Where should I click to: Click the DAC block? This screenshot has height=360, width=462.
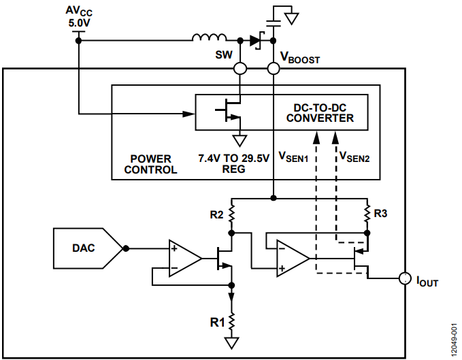pos(88,248)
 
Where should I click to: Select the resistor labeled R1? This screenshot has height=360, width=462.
pos(231,322)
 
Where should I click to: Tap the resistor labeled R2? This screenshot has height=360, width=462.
pos(231,214)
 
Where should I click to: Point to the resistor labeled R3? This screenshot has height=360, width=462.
pos(367,214)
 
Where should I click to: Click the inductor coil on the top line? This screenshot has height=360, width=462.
pos(210,37)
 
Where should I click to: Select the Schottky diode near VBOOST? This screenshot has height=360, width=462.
pos(257,40)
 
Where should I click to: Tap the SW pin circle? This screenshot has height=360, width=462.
pos(240,69)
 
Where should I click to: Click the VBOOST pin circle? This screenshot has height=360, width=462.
pos(273,69)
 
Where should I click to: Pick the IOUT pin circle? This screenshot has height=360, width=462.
pos(405,278)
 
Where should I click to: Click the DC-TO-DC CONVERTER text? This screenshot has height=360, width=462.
pos(320,113)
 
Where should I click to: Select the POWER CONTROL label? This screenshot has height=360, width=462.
pos(150,164)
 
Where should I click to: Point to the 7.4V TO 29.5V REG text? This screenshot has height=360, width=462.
pos(233,163)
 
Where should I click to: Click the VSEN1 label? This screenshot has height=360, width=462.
pos(293,157)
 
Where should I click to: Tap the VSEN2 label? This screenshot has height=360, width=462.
pos(354,157)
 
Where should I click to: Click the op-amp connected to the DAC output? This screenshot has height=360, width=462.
pos(185,259)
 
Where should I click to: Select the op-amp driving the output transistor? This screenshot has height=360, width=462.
pos(293,259)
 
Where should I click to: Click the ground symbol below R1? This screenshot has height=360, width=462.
pos(231,343)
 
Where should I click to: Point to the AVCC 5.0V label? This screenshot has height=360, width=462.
pos(79,17)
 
